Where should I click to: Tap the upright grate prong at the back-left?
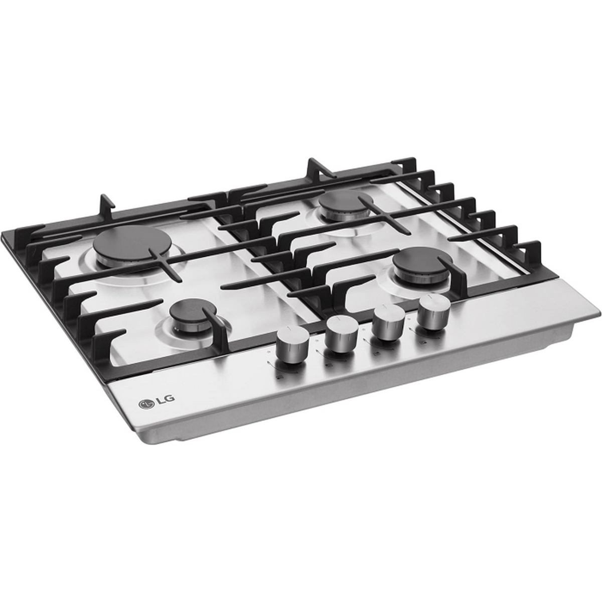point(106,206)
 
